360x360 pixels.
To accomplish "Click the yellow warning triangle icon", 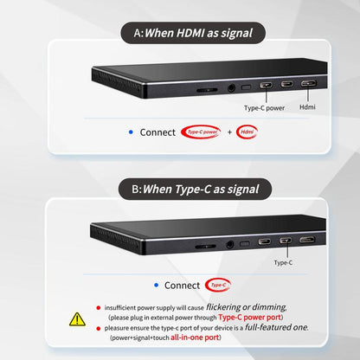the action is [x=77, y=319].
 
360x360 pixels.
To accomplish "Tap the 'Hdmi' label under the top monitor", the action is [x=307, y=107].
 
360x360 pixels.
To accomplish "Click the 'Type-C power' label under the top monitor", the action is [x=264, y=108].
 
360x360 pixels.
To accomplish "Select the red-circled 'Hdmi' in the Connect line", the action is [x=247, y=132].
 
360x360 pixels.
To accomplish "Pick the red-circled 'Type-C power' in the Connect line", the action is [x=201, y=132].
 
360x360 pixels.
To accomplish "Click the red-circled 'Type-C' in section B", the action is [x=218, y=285].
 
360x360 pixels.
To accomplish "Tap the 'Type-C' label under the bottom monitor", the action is [x=283, y=262].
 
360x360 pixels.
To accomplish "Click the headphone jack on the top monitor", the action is [x=231, y=87].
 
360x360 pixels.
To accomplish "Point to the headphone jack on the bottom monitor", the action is [x=229, y=245].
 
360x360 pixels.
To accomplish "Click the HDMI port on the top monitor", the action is [x=308, y=84].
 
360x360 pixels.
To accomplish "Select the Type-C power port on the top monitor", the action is [x=266, y=86].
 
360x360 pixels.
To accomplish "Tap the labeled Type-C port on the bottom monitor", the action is [x=286, y=240].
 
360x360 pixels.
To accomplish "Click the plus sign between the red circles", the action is [x=229, y=132].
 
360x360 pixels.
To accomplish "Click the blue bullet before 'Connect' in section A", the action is [x=131, y=132].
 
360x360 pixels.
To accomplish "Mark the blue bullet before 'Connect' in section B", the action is [x=157, y=285].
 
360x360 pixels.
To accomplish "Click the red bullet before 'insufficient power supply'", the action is [x=99, y=308].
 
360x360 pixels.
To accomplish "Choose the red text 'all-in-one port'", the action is [x=195, y=337].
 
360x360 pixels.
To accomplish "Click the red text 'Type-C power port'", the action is [x=249, y=318].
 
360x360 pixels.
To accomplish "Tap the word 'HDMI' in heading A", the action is [x=190, y=33].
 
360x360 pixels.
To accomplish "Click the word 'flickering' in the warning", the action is [x=223, y=307].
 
